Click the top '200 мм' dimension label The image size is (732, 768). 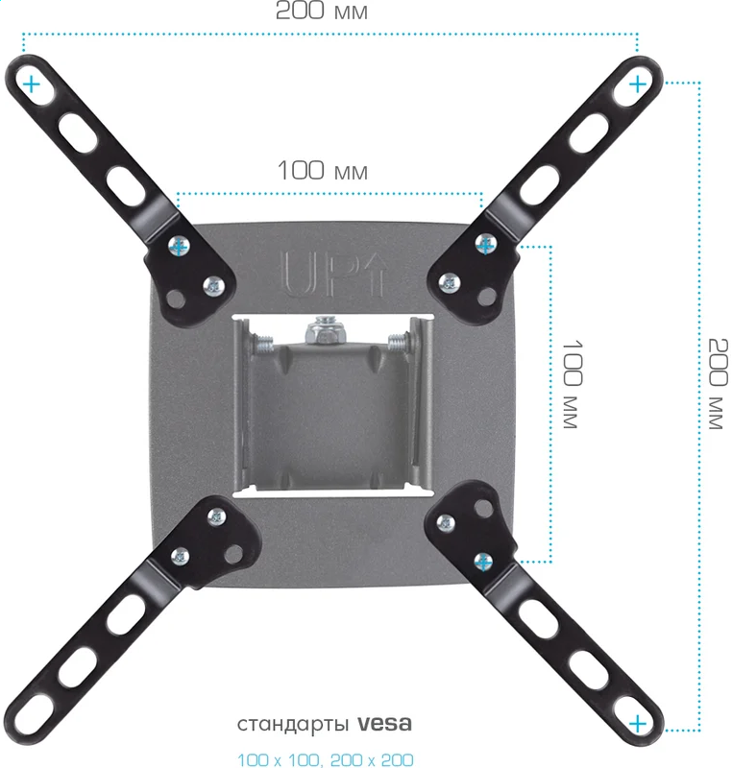(322, 11)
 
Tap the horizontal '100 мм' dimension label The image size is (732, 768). (323, 171)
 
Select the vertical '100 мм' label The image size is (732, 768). (572, 384)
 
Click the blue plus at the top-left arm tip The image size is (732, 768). (32, 84)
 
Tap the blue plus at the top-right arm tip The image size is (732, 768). (638, 84)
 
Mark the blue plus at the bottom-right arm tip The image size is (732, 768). (638, 723)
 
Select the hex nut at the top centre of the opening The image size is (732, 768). (326, 331)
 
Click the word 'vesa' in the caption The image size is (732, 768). (384, 723)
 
